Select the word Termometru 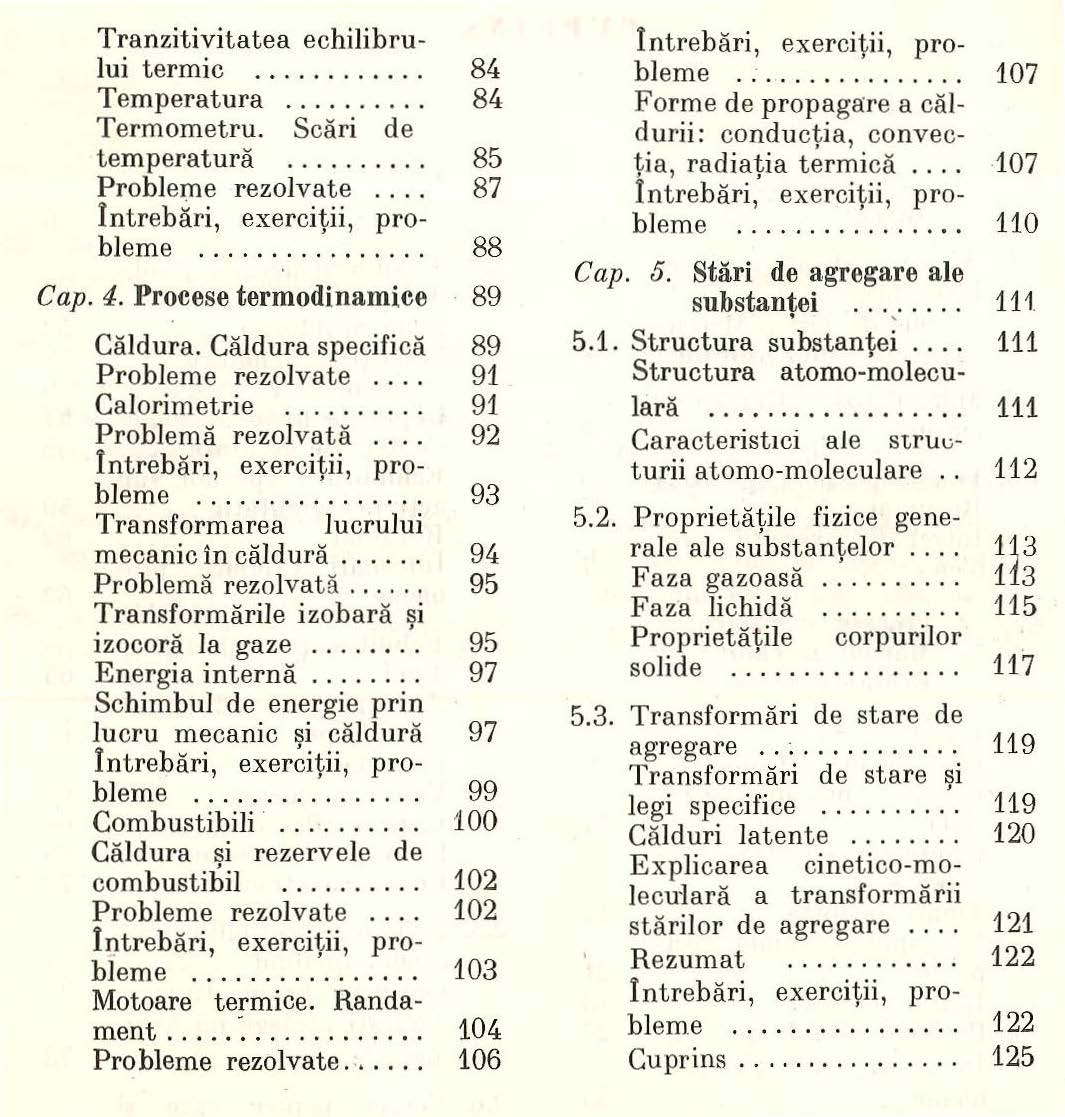point(163,129)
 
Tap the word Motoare point(144,998)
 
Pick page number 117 point(1015,665)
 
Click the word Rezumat point(681,957)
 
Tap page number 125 point(1015,1057)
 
